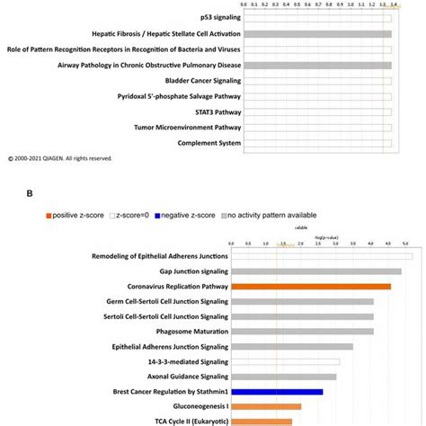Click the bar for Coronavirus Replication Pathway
tap(310, 287)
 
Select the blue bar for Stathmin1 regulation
tap(276, 392)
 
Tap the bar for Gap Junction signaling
tap(315, 271)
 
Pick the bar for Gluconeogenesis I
tap(266, 406)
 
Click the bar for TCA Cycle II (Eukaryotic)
tap(262, 421)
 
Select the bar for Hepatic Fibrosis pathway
tap(311, 34)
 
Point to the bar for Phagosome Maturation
tap(302, 332)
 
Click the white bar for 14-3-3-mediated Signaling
tap(284, 361)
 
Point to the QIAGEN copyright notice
tap(59, 158)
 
